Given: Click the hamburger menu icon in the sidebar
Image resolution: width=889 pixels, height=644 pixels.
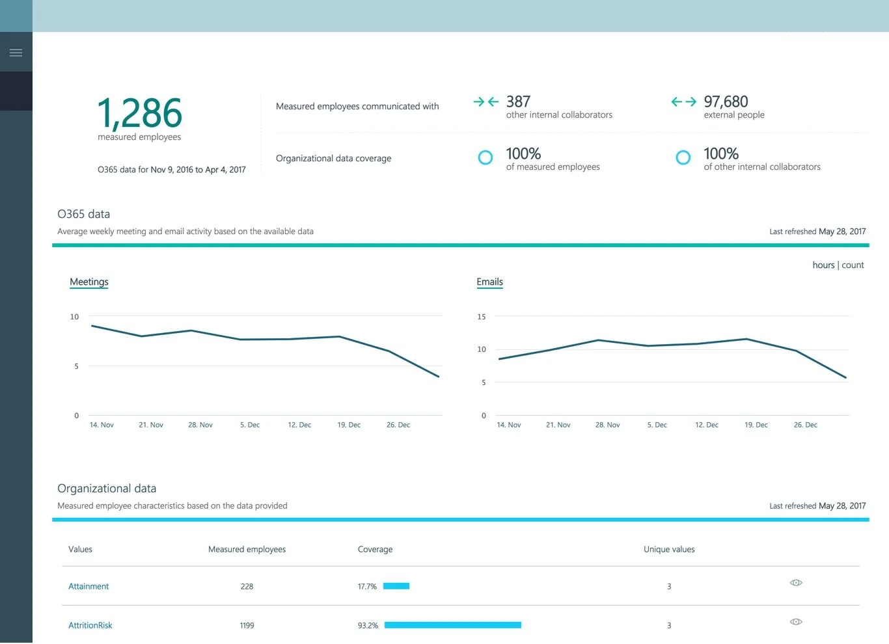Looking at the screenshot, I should point(16,53).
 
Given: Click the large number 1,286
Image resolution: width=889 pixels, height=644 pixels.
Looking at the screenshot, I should point(140,113).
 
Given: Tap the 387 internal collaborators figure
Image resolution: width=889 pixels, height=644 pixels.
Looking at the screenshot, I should point(518,101).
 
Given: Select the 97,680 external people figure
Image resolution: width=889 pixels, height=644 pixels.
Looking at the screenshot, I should point(726,101).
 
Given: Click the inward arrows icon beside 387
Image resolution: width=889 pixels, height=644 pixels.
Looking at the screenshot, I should point(486,101).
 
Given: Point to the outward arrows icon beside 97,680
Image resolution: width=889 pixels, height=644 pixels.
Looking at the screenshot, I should point(683,101).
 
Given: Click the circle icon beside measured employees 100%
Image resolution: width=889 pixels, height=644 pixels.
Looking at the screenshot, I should point(486,157).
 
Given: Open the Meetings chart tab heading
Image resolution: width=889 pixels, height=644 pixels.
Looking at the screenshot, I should point(89,282).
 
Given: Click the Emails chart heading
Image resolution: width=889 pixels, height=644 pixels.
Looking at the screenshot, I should point(489,282).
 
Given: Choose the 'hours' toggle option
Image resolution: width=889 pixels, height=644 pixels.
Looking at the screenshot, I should point(823,265).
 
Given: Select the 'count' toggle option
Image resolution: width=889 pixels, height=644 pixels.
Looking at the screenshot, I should point(853,265).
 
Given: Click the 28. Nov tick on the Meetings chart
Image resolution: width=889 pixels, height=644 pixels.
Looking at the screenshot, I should point(200,425).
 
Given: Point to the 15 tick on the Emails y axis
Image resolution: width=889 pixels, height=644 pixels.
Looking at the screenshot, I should point(482,317).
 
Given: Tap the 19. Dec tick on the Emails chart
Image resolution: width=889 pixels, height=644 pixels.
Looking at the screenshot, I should point(756,425).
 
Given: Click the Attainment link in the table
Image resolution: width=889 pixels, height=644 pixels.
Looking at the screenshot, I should point(89,586).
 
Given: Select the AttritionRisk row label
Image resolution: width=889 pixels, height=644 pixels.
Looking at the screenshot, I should point(90,625).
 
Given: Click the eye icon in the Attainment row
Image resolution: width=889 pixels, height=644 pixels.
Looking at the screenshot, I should point(796,583).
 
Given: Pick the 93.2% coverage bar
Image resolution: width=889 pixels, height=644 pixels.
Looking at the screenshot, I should point(453,625).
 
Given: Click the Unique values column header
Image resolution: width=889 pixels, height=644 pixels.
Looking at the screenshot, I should point(669,549).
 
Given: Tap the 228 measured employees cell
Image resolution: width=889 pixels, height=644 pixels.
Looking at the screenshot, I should point(247,586).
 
